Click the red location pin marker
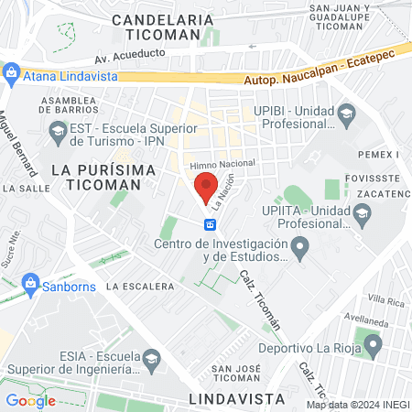[207, 187]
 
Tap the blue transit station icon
[210, 224]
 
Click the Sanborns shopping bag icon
[31, 284]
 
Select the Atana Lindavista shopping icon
[11, 71]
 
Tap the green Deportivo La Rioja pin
[373, 345]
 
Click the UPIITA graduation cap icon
[363, 214]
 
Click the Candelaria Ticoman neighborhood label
[162, 27]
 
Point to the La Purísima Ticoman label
[97, 177]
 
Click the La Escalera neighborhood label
[139, 286]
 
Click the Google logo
[30, 400]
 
